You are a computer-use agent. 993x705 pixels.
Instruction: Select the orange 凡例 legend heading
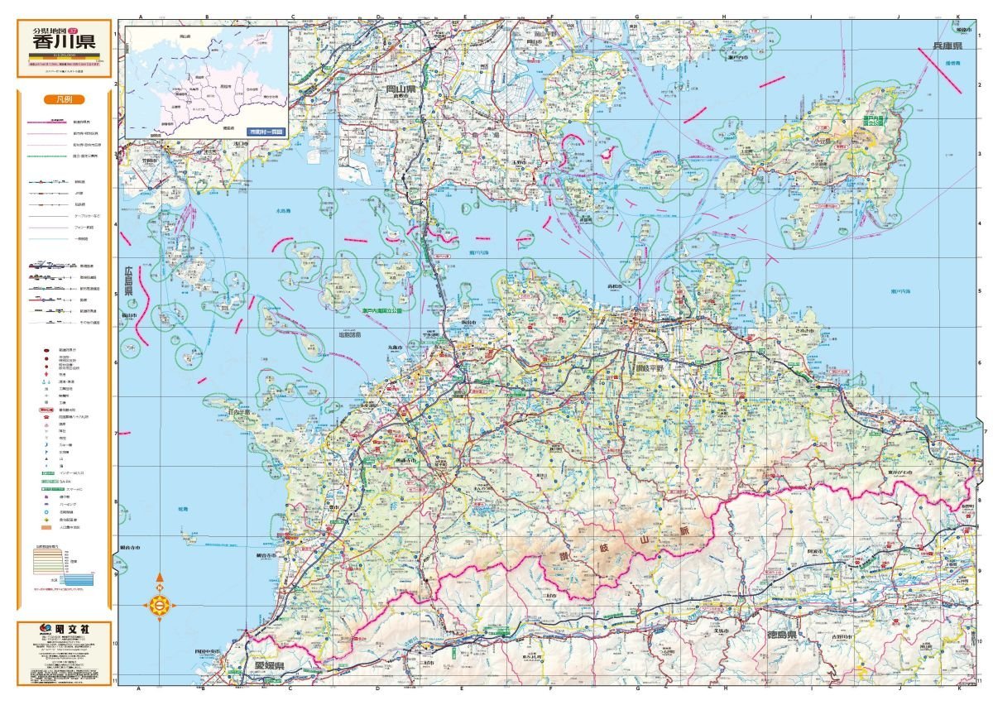[x=64, y=98]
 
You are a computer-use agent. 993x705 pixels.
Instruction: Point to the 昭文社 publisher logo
[x=65, y=631]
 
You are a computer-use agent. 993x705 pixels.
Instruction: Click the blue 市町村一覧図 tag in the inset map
[x=266, y=131]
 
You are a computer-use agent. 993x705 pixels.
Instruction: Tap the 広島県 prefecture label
[x=129, y=281]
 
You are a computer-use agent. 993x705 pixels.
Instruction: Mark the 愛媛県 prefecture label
[x=269, y=665]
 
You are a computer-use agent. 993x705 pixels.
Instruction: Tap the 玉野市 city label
[x=542, y=163]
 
